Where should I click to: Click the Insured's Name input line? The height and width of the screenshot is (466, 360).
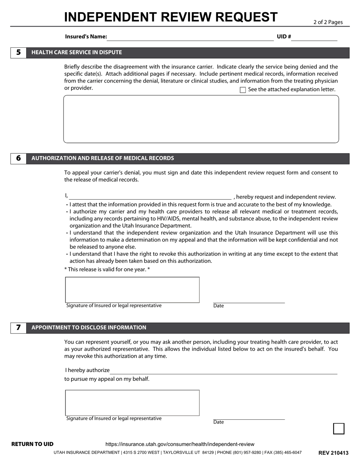coord(191,37)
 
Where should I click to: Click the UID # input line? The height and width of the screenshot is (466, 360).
coord(314,37)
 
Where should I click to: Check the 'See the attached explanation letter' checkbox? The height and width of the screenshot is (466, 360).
coord(243,90)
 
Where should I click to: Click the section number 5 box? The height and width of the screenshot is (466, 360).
coord(18,53)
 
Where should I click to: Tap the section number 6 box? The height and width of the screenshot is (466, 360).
coord(18,158)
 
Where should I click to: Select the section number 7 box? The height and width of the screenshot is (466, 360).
coord(18,328)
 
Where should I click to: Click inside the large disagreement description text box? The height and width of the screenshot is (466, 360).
coord(201,119)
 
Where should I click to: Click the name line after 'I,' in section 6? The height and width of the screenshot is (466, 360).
coord(150,196)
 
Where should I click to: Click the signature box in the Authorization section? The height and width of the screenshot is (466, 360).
coord(132,290)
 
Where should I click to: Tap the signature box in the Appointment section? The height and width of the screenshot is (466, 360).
coord(132,403)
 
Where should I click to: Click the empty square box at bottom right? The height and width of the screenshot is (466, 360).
coord(338,428)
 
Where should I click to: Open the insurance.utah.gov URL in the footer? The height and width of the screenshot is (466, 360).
coord(180,444)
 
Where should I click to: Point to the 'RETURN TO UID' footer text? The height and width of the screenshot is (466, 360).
coord(33,444)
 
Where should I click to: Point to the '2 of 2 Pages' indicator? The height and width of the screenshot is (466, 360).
coord(328,22)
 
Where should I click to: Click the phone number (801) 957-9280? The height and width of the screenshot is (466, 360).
coord(246,452)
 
